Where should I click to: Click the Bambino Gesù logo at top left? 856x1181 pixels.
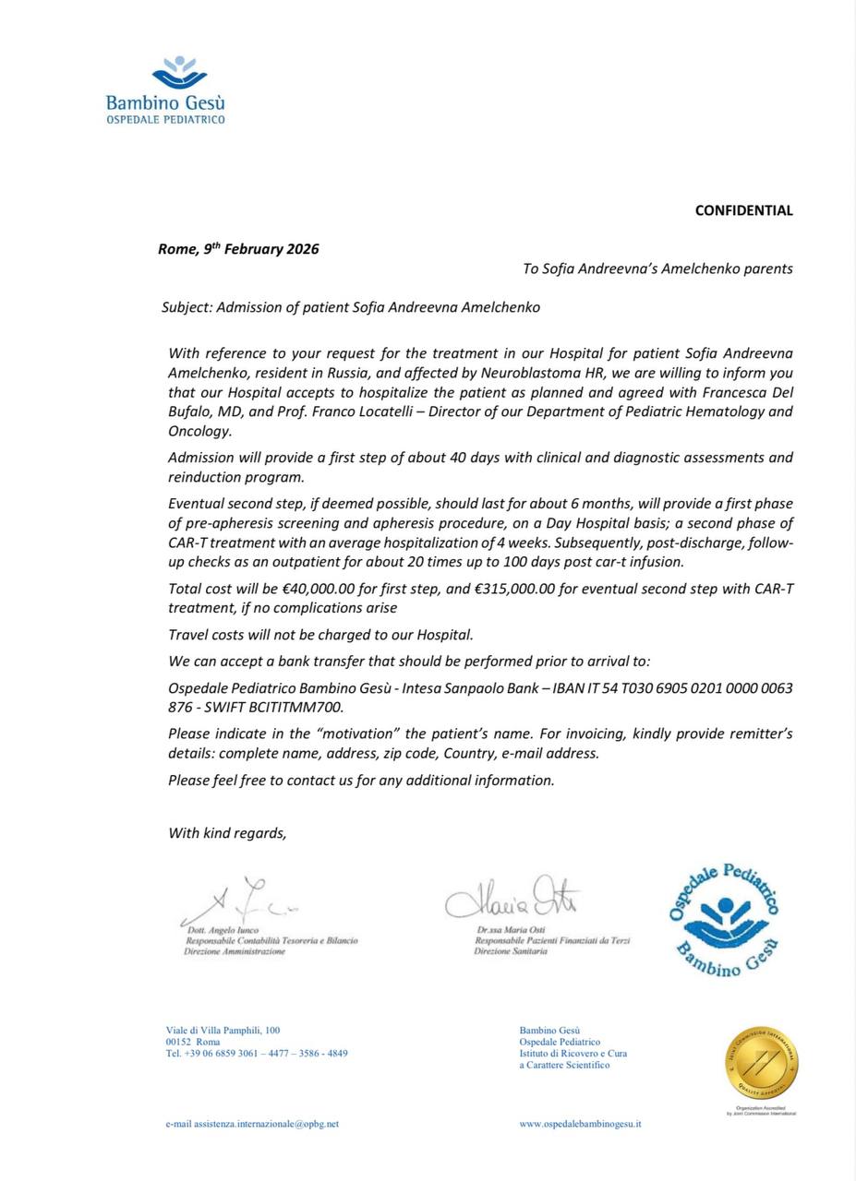pos(166,90)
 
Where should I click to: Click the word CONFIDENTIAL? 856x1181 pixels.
pos(743,210)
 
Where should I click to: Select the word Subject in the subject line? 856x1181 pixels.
pos(186,307)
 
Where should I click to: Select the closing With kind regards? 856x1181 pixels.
pos(227,833)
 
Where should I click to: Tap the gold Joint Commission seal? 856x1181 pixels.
pos(762,1064)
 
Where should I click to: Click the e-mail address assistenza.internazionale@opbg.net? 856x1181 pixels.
pos(252,1124)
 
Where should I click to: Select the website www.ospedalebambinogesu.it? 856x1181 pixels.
pos(580,1124)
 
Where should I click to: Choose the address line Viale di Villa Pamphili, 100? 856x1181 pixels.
pos(223,1031)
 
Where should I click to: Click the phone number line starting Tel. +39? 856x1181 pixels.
pos(257,1053)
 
